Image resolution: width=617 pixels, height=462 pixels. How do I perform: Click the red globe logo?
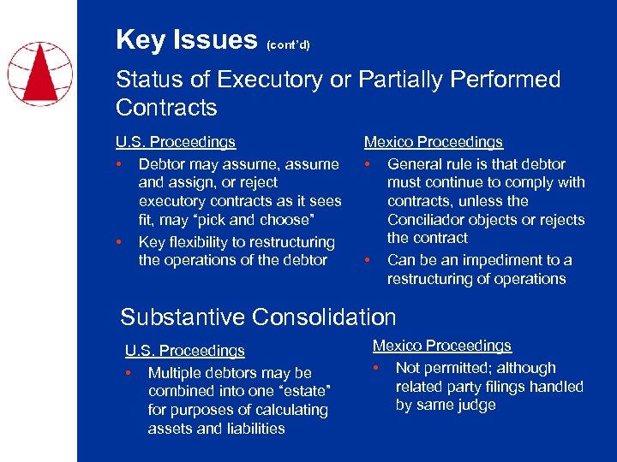click(x=40, y=72)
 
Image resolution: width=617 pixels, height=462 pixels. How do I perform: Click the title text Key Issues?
click(x=186, y=39)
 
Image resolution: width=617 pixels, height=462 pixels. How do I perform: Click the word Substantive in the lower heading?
click(x=183, y=317)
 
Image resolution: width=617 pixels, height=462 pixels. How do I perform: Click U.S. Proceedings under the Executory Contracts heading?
click(x=176, y=142)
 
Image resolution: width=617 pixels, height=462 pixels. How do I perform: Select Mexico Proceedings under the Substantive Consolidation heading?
click(x=441, y=346)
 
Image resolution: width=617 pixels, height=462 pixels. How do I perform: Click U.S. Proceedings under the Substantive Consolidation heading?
click(x=184, y=351)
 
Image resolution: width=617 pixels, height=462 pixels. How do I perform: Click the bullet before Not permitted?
click(x=376, y=368)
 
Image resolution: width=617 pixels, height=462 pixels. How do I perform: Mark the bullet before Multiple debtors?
click(x=129, y=373)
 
